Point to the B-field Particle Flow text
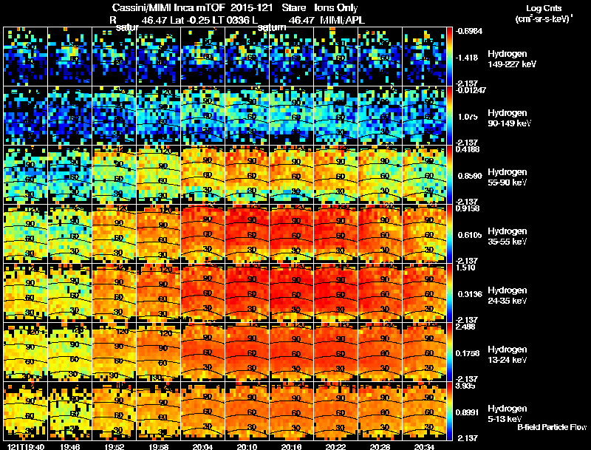(551, 427)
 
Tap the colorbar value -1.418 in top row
(467, 57)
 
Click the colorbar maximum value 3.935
(467, 386)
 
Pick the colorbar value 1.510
(467, 268)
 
